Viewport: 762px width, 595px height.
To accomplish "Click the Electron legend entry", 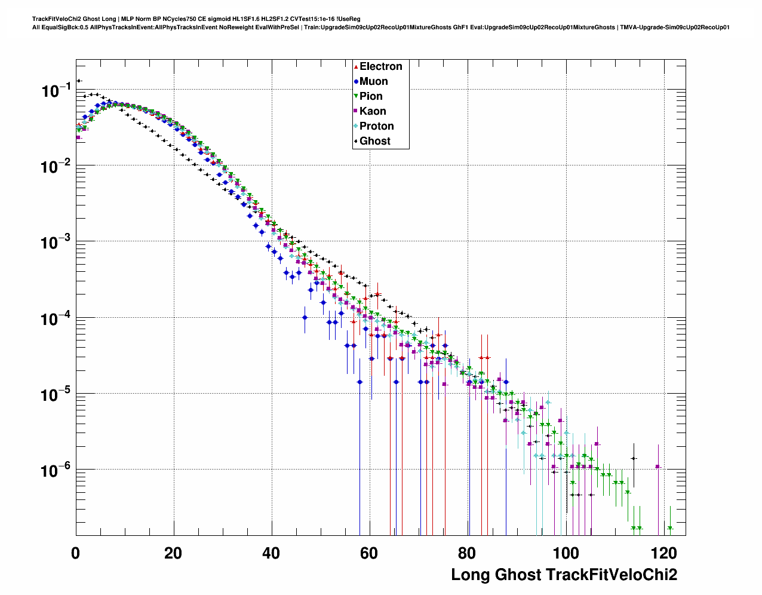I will pos(380,66).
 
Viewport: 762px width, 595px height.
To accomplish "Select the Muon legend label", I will pos(373,81).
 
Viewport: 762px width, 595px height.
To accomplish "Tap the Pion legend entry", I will pos(371,96).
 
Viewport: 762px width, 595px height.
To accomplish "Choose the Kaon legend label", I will pos(373,111).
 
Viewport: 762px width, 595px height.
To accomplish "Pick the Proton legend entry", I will pos(376,126).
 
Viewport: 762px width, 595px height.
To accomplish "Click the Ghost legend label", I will pos(374,141).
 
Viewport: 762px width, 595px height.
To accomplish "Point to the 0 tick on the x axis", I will pos(76,553).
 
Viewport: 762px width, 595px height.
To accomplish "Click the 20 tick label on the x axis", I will pos(173,553).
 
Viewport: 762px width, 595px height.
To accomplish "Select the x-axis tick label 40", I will pos(271,553).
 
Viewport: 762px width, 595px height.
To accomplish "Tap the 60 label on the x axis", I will pos(369,553).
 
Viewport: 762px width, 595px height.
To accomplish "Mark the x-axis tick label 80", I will pos(467,553).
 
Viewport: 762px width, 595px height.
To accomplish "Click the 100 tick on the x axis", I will pos(565,553).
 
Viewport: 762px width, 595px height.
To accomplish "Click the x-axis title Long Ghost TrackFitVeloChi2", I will pos(564,575).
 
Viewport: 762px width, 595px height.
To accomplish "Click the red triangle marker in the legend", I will pos(356,67).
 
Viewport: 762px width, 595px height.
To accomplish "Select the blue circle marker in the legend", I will pos(356,82).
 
